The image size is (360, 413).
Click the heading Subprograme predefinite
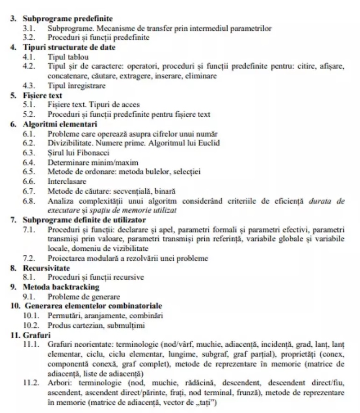(x=67, y=19)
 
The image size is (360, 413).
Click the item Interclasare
(x=67, y=181)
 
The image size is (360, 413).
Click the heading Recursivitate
(x=46, y=268)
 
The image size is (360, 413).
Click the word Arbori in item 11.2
(x=58, y=383)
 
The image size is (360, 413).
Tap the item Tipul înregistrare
(x=77, y=86)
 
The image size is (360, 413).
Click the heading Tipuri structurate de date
(x=69, y=47)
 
